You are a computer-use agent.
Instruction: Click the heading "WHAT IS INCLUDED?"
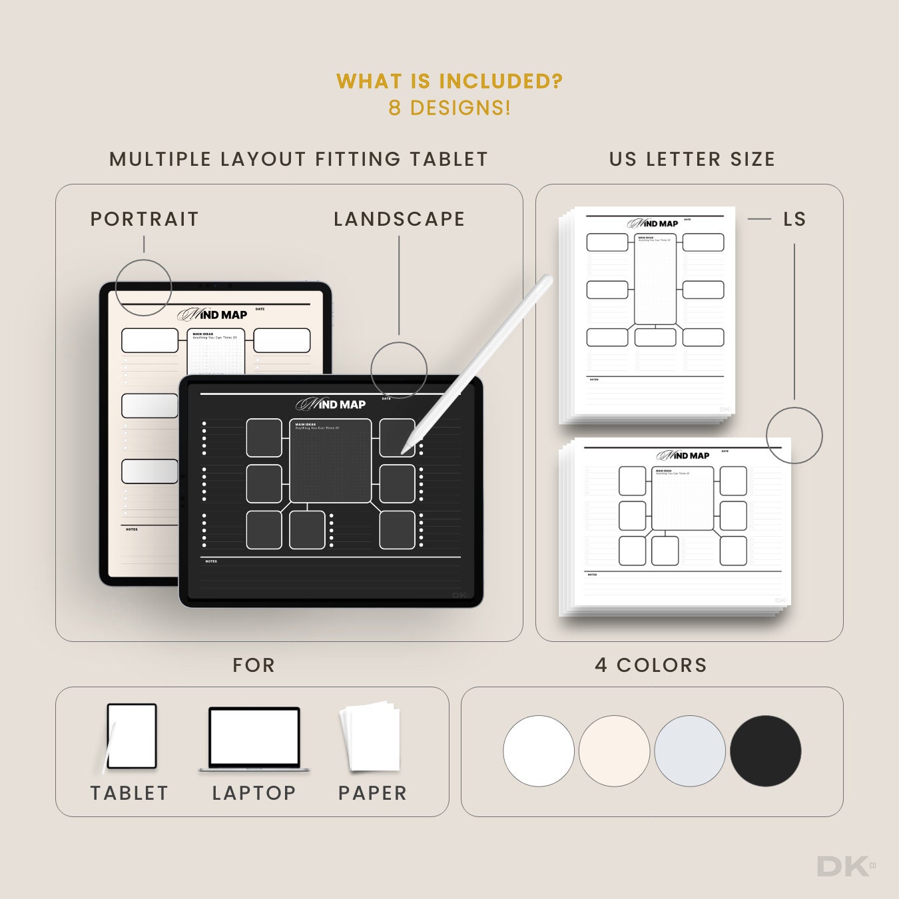449,81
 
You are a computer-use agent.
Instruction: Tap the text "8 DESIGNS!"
449,108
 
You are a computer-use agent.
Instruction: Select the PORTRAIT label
145,219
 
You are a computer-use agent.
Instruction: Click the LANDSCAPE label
399,219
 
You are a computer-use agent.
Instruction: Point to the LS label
794,219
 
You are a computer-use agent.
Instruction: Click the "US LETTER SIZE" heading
692,159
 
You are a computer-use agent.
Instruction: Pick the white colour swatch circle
538,751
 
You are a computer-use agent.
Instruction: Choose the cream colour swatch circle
614,751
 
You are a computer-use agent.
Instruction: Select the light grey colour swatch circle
690,751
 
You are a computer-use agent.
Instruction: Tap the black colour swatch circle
765,751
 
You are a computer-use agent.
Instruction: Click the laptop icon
254,739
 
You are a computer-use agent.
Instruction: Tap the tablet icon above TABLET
131,737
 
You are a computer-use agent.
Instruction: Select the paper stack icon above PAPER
370,737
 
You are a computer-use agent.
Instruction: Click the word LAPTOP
254,793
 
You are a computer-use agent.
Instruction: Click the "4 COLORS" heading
651,665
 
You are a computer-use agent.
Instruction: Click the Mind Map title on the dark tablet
331,404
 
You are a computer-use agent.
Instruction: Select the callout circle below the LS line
794,436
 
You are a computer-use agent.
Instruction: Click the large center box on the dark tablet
330,461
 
